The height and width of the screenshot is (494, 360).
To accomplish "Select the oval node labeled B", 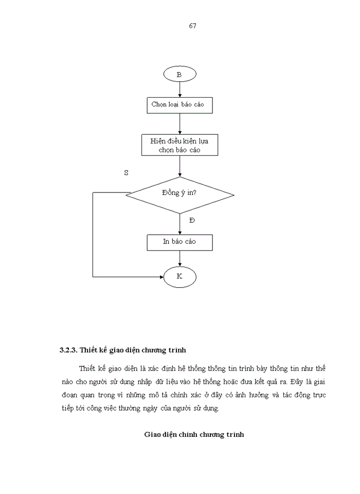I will pos(179,75).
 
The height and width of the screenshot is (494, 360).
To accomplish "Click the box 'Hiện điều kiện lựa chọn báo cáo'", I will pos(179,145).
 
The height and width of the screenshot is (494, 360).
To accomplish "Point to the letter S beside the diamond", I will pos(126,173).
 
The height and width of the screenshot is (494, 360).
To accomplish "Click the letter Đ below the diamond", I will pos(192,220).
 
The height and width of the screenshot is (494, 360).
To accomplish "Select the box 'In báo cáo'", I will pos(179,241).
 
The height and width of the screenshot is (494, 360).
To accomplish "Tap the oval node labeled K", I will pos(179,277).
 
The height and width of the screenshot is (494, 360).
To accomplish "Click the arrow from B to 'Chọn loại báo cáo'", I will pos(179,90).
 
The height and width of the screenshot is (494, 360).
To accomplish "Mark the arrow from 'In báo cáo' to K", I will pos(179,259).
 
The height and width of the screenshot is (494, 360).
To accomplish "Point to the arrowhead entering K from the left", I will pos(160,277).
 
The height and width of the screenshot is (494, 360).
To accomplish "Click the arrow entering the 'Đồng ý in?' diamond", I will pos(179,167).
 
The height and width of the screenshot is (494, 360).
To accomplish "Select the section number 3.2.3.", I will pos(68,350).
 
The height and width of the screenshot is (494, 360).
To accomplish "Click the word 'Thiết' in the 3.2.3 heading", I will pos(89,350).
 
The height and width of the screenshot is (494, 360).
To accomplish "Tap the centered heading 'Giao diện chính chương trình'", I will pos(194,434).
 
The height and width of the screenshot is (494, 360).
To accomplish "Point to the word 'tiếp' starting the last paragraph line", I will pos(67,408).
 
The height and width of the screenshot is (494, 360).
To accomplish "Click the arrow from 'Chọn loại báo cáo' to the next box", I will pos(179,124).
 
